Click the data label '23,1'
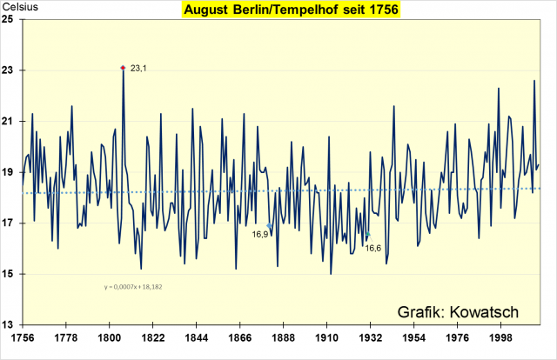pyautogui.click(x=138, y=67)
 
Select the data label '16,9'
pyautogui.click(x=259, y=234)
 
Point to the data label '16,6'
pyautogui.click(x=372, y=248)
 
